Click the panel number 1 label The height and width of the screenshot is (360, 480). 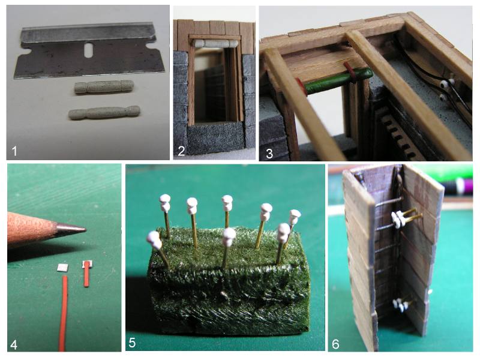coord(14,151)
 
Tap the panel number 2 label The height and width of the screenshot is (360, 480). coord(181,151)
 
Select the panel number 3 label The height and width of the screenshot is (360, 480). coord(269,153)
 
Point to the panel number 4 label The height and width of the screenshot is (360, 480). coord(14,344)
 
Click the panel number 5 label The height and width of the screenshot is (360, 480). coord(132,343)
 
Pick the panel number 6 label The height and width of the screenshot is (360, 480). coord(336,344)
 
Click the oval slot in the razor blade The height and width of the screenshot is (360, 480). coord(88,50)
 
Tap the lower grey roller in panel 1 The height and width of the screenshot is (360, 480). coord(104,112)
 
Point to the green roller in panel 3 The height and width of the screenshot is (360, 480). coord(338,81)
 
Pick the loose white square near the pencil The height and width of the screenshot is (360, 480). coord(63,268)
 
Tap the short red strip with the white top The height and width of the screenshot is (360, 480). coord(87,274)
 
